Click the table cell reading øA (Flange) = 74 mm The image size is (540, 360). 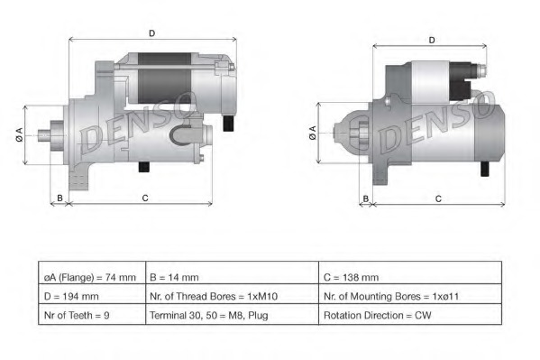pos(90,277)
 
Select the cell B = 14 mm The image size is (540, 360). pos(231,277)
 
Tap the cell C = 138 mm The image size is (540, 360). pos(409,277)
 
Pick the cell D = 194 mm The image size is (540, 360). pos(90,296)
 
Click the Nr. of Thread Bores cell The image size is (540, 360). pos(231,296)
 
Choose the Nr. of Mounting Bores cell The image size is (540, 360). pos(409,296)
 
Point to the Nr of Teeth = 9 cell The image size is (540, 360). pos(90,316)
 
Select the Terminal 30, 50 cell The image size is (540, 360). pos(231,316)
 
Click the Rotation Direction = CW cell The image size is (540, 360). pos(409,316)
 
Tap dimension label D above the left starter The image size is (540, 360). pos(151,33)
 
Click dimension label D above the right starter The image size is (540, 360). pos(432,40)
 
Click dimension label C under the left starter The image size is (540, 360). pos(144,197)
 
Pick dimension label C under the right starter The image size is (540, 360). pos(437,198)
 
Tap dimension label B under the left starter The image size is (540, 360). pos(59,197)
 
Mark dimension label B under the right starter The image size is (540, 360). pos(365,198)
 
